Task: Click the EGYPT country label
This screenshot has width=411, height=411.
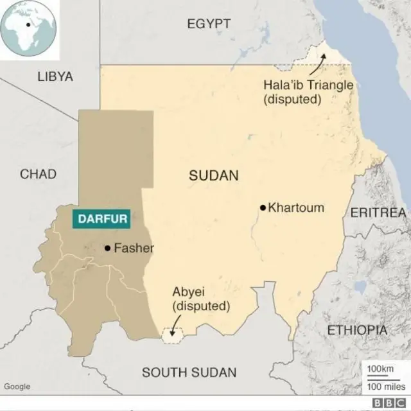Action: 208,24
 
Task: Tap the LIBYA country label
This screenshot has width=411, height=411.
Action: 55,76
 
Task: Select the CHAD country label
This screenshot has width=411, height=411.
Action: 38,174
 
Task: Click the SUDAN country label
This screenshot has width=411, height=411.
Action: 213,175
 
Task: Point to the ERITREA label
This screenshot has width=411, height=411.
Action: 378,213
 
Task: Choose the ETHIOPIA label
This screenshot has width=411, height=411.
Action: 358,330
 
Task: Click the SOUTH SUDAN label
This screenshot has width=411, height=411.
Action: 189,372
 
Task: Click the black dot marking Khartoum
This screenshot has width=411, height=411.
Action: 263,207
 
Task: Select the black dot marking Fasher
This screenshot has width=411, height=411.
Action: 108,248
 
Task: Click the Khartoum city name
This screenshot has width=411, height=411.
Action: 296,207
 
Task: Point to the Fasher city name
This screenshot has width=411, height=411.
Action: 134,248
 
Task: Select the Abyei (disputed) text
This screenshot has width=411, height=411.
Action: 200,299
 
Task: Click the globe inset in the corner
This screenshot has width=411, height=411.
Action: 29,30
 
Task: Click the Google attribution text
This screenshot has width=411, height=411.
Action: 17,386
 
